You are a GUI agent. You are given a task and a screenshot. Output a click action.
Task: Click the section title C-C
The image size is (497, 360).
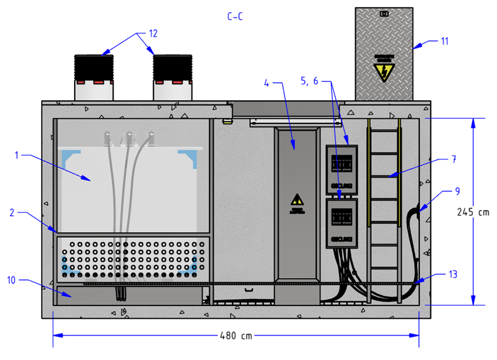(235, 17)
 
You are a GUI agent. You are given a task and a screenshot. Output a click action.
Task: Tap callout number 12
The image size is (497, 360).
(153, 34)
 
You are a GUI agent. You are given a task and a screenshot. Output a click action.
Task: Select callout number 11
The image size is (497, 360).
(444, 41)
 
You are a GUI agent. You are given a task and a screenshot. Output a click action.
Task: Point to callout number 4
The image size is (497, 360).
(267, 82)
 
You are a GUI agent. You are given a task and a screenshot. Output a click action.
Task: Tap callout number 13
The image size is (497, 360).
(453, 274)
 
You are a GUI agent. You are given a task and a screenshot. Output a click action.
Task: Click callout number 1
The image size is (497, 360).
(17, 155)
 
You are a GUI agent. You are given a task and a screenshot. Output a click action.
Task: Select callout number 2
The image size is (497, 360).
(12, 212)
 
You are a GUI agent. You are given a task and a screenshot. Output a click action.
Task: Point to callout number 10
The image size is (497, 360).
(11, 281)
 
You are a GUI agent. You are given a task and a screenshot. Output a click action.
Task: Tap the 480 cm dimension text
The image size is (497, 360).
(236, 335)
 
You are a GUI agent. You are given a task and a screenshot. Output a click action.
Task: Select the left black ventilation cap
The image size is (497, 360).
(94, 68)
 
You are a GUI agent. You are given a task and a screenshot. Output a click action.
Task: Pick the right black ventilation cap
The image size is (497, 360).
(172, 68)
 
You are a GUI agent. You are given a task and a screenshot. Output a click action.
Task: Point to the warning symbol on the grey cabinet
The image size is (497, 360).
(297, 201)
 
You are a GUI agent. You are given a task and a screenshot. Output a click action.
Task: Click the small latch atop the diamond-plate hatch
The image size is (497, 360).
(383, 13)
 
